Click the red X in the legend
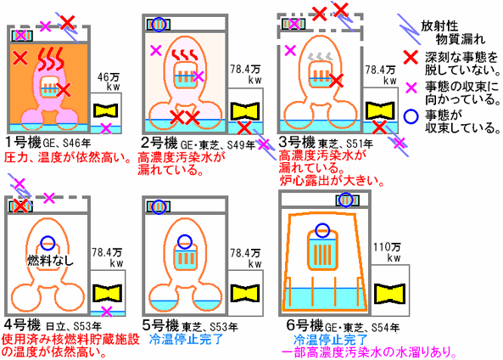(x=411, y=58)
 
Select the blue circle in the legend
(x=411, y=116)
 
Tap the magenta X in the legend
(x=411, y=87)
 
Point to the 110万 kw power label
(x=387, y=252)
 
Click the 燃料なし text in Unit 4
(x=50, y=260)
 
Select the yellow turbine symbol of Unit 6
(x=389, y=294)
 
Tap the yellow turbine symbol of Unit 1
(x=105, y=110)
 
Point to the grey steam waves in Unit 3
(x=320, y=57)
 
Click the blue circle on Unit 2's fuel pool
(x=159, y=25)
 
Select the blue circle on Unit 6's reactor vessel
(x=322, y=230)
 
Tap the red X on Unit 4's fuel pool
(x=21, y=205)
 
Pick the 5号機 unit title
(x=160, y=326)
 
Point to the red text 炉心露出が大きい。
(x=332, y=181)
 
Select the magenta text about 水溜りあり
(x=369, y=352)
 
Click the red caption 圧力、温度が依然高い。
(x=69, y=157)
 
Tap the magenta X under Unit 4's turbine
(x=107, y=312)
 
